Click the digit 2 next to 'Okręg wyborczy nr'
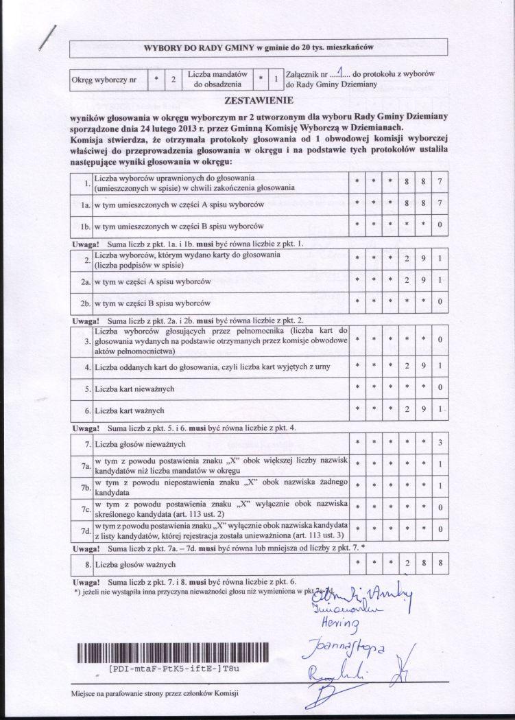[173, 80]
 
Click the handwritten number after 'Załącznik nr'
[339, 72]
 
